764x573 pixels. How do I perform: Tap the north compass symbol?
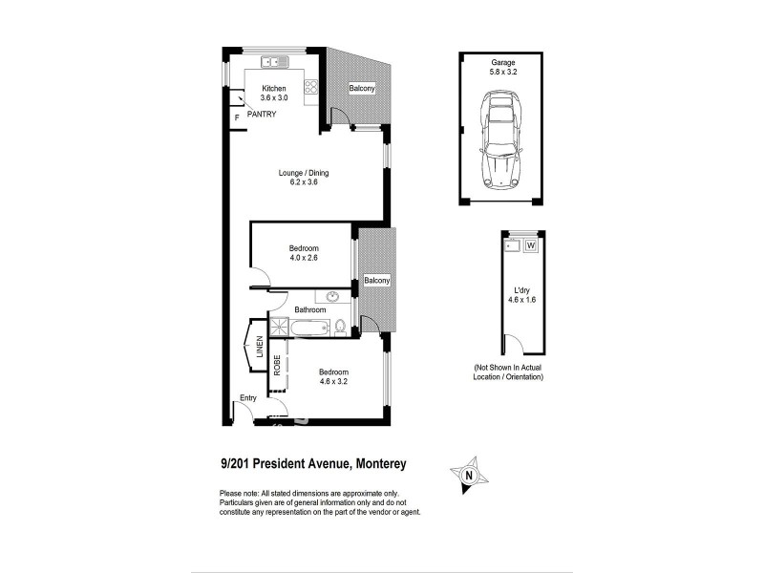pyautogui.click(x=469, y=473)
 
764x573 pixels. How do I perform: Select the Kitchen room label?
pyautogui.click(x=274, y=88)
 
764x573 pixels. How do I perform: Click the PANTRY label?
pyautogui.click(x=262, y=115)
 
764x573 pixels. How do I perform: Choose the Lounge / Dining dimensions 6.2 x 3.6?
pyautogui.click(x=304, y=181)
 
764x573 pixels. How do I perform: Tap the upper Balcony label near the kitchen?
pyautogui.click(x=362, y=89)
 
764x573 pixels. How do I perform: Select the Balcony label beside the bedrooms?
pyautogui.click(x=376, y=281)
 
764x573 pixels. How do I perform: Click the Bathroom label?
pyautogui.click(x=310, y=309)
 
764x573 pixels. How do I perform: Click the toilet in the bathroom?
pyautogui.click(x=339, y=328)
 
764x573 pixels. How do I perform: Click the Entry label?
pyautogui.click(x=248, y=397)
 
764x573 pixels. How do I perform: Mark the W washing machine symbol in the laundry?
pyautogui.click(x=530, y=245)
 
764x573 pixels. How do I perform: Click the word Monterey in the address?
pyautogui.click(x=382, y=464)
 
